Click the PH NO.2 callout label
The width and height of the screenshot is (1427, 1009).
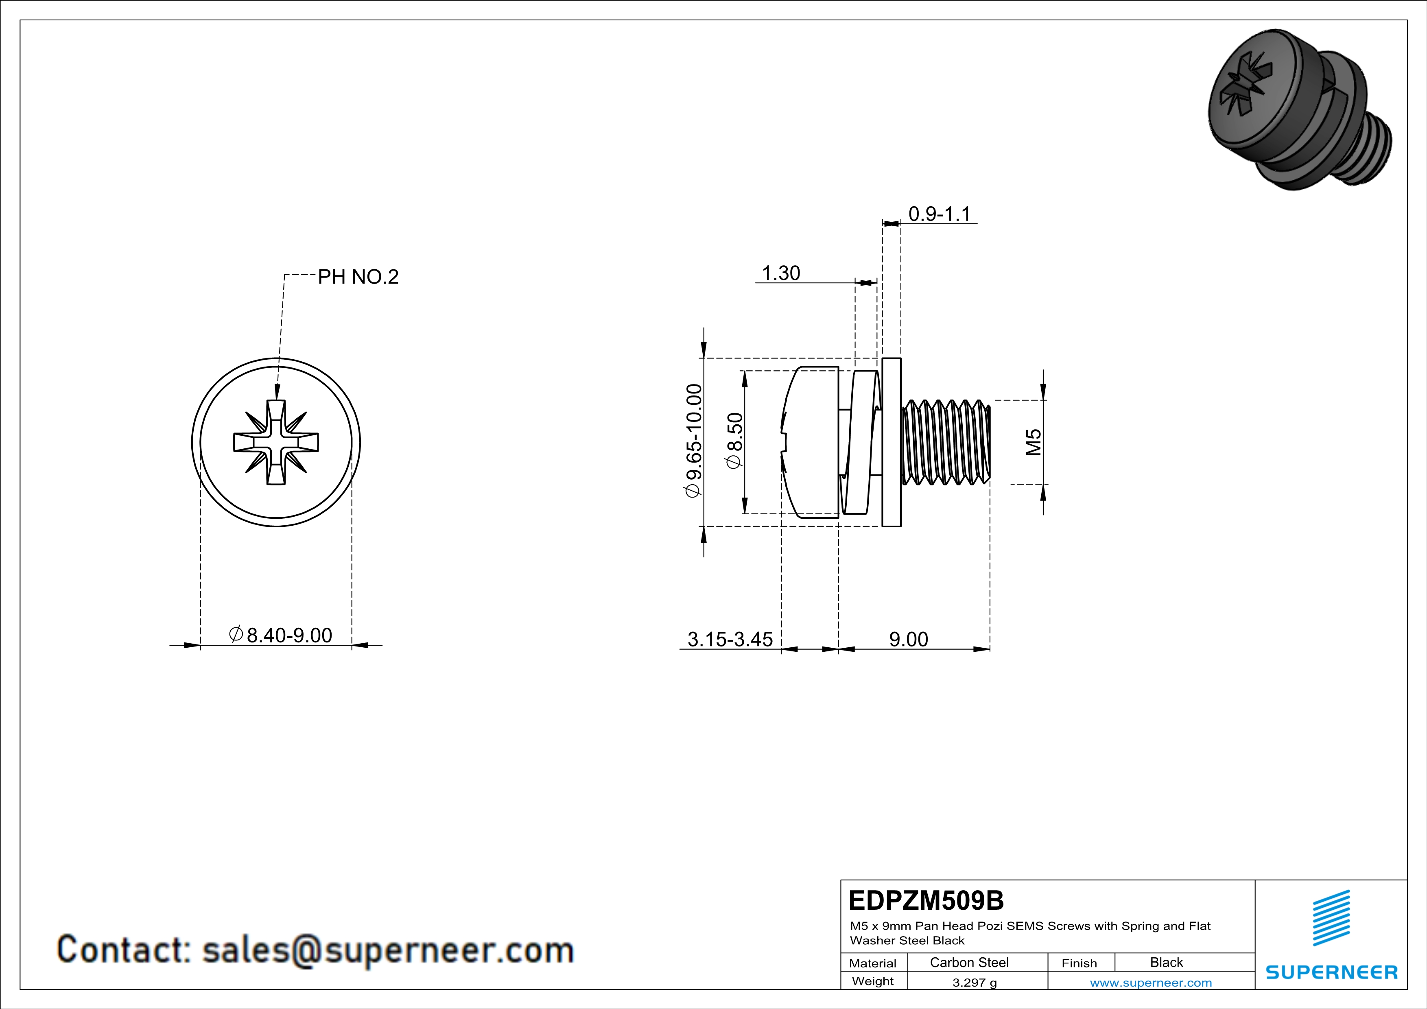click(x=358, y=277)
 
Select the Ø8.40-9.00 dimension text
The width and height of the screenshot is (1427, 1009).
click(x=281, y=635)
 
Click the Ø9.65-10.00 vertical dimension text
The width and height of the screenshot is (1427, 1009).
click(x=694, y=441)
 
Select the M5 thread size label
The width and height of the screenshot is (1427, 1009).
click(x=1033, y=442)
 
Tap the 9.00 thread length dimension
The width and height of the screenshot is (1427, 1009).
click(x=908, y=639)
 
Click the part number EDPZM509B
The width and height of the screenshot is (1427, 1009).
click(x=925, y=900)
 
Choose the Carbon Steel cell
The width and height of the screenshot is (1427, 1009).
click(x=969, y=962)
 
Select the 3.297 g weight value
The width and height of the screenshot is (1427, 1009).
click(x=974, y=982)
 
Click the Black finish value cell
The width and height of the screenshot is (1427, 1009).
click(x=1166, y=962)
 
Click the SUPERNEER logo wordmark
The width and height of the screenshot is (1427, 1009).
click(x=1331, y=972)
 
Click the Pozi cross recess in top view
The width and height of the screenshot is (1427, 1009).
click(x=276, y=442)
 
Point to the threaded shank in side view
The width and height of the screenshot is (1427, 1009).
click(x=945, y=442)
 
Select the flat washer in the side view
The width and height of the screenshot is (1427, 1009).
click(x=891, y=442)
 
